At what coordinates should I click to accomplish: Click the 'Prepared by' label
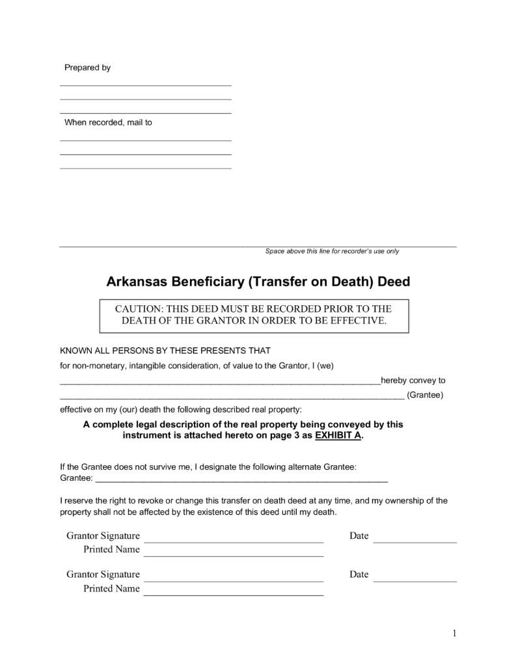point(87,68)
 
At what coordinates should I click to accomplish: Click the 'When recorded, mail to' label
point(108,122)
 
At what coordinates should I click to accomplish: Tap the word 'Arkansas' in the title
point(136,282)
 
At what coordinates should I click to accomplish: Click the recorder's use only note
point(332,251)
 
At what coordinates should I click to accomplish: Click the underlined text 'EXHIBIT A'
point(338,435)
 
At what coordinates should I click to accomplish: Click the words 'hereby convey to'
point(413,381)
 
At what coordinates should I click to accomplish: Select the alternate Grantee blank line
point(241,480)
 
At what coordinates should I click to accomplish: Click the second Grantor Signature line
point(233,580)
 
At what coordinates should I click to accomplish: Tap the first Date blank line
point(414,541)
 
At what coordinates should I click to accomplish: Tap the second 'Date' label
point(359,575)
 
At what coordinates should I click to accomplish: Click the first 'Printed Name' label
point(111,550)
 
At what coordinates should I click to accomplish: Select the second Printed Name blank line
point(233,594)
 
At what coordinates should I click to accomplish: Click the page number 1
point(454,633)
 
